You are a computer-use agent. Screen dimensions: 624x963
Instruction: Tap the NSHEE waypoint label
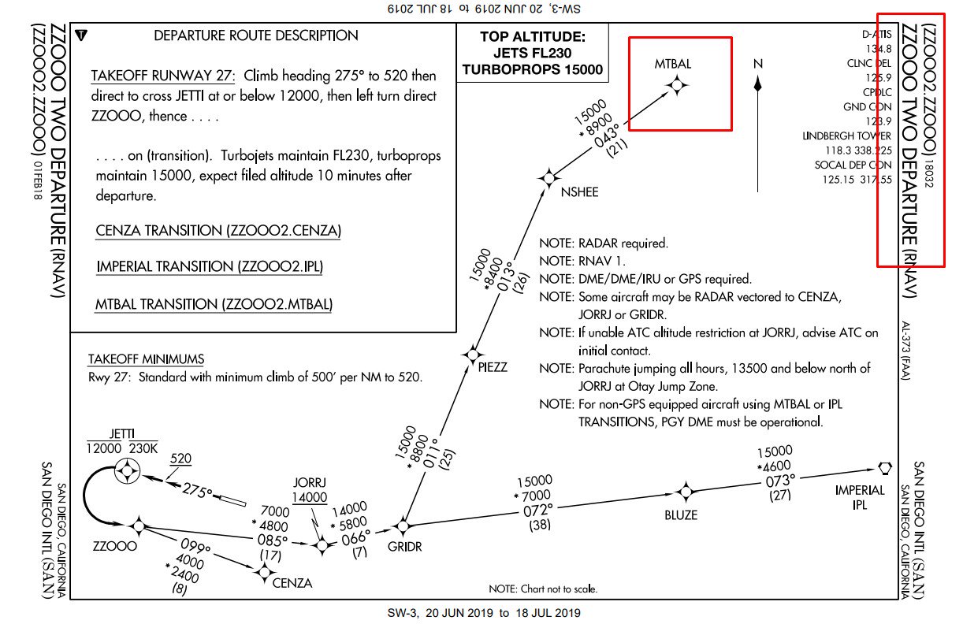pyautogui.click(x=579, y=192)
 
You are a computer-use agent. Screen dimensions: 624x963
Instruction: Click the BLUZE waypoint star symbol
pyautogui.click(x=686, y=492)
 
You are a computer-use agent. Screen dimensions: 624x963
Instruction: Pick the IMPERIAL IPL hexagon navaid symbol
pyautogui.click(x=884, y=467)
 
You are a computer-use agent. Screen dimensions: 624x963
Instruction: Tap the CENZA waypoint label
pyautogui.click(x=292, y=583)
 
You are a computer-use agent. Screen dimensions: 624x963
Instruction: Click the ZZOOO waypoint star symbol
pyautogui.click(x=139, y=526)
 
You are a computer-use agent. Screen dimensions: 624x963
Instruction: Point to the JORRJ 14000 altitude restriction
pyautogui.click(x=310, y=497)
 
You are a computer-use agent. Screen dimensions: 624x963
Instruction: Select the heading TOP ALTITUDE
pyautogui.click(x=532, y=36)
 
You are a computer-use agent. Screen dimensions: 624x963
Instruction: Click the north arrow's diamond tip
pyautogui.click(x=758, y=81)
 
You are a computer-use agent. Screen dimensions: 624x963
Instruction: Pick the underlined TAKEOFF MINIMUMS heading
pyautogui.click(x=147, y=359)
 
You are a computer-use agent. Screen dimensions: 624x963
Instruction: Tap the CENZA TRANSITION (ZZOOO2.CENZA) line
pyautogui.click(x=219, y=231)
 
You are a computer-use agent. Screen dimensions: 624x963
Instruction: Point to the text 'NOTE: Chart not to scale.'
pyautogui.click(x=543, y=589)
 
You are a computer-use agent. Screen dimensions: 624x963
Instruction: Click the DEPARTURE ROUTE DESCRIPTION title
pyautogui.click(x=256, y=35)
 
